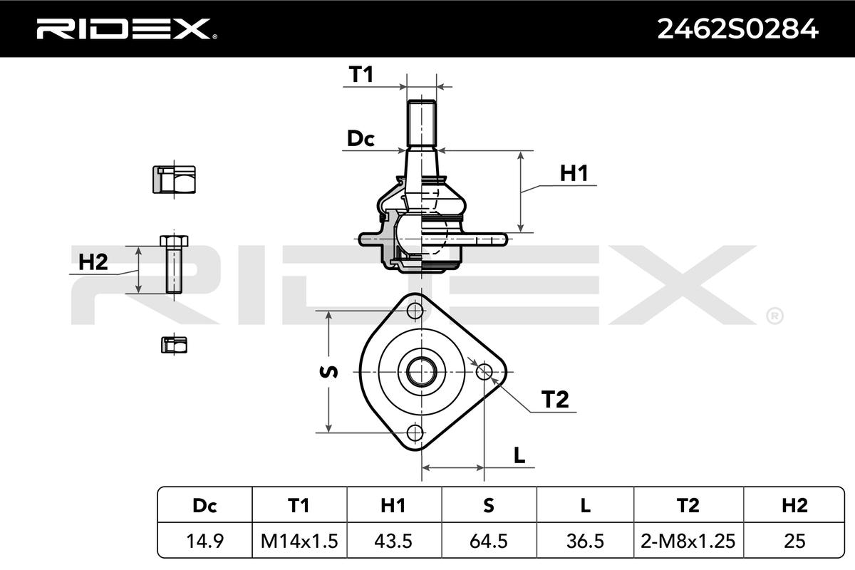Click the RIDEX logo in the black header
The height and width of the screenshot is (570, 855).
pos(126,29)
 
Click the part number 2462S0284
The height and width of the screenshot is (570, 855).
pos(737,29)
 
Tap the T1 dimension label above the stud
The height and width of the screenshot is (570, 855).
pos(361,74)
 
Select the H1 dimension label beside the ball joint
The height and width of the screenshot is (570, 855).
pos(574,173)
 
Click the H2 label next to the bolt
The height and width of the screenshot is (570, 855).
pos(93,262)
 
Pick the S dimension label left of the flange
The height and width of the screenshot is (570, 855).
pos(328,372)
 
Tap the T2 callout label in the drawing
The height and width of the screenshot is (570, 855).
pos(555,400)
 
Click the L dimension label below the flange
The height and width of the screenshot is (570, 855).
pos(519,455)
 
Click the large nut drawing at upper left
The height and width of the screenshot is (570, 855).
pos(174,180)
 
